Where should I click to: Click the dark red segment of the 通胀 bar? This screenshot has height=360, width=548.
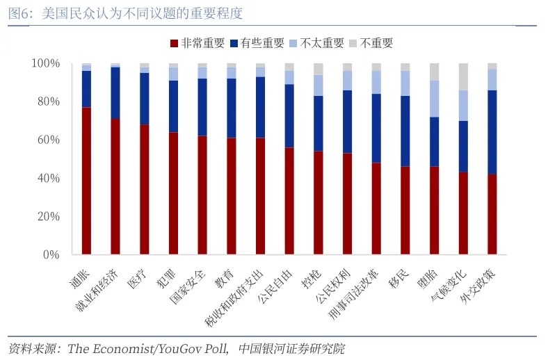click(86, 181)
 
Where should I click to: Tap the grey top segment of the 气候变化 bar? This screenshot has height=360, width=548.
click(463, 76)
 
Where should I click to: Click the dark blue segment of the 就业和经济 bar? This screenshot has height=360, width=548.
click(115, 93)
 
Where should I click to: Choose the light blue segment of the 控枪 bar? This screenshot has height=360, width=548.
click(319, 85)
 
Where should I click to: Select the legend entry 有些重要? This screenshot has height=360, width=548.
click(257, 43)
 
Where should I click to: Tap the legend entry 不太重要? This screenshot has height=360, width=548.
click(316, 43)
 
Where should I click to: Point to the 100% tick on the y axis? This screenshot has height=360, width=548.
click(46, 64)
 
